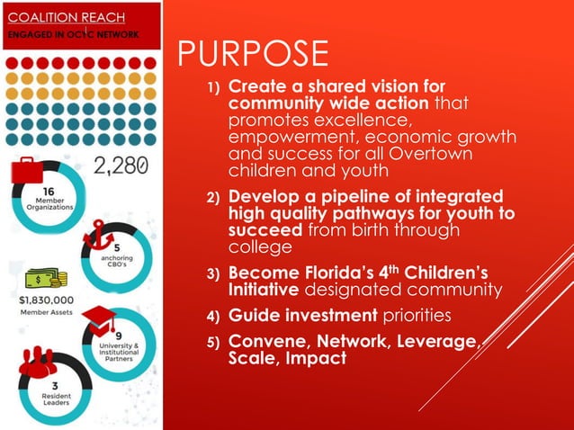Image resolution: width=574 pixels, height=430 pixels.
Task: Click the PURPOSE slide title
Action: point(253,54)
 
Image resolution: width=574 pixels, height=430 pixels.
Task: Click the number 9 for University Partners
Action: point(119,336)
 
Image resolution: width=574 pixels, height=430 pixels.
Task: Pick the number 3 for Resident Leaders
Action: point(29,382)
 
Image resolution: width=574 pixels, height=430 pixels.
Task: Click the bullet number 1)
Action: point(214,89)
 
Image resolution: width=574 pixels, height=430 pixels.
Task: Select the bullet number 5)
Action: point(214,342)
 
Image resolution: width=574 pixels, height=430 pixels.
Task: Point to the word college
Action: point(261,246)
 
